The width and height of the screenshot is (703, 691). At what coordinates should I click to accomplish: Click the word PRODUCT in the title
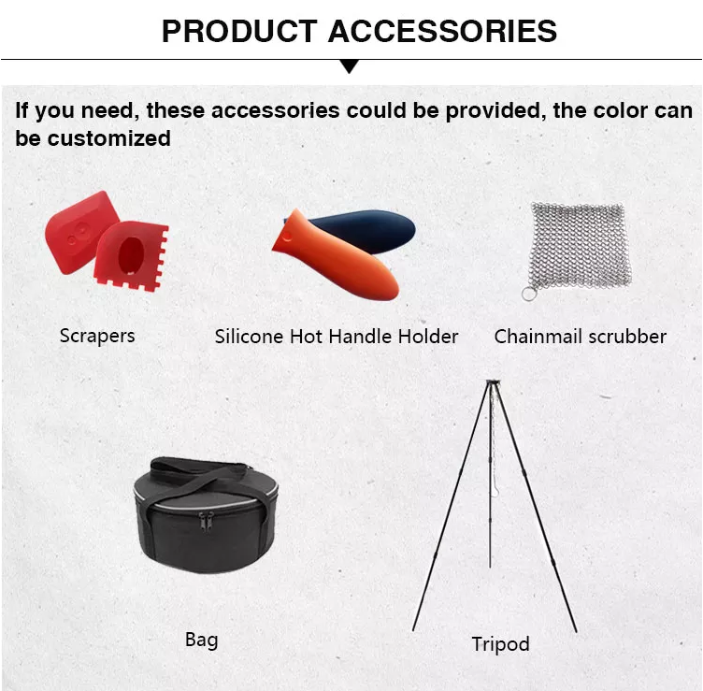[239, 32]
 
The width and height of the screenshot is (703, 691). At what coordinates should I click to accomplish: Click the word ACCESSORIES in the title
[442, 32]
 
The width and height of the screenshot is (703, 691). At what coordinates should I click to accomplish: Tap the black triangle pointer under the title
[350, 66]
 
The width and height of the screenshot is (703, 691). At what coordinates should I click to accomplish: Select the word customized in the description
[109, 138]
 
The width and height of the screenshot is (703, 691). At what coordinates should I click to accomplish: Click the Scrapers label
[97, 336]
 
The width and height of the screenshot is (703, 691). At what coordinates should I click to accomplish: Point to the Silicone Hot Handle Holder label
[337, 337]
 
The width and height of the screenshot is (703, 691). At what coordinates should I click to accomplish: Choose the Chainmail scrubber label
[581, 337]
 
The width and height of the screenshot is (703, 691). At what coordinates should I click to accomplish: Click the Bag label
[201, 640]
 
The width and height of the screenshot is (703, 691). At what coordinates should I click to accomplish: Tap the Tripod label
[500, 644]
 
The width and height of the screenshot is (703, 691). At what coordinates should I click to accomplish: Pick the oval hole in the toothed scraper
[131, 255]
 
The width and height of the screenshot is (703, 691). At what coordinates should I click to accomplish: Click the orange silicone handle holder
[337, 256]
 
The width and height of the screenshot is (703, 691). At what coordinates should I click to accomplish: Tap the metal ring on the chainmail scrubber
[529, 295]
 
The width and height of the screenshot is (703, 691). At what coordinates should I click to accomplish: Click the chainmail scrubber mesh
[580, 245]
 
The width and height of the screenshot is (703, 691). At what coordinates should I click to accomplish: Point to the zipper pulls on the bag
[206, 521]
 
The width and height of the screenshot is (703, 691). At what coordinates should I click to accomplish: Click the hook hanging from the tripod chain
[495, 489]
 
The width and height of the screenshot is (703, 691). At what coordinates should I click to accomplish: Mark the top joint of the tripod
[494, 382]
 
